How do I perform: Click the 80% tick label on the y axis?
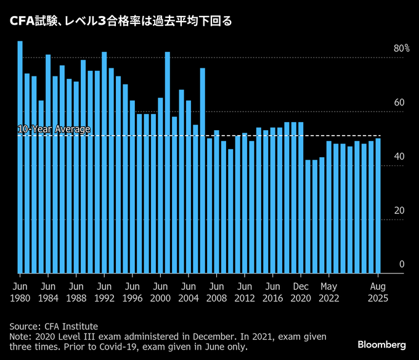pyautogui.click(x=402, y=49)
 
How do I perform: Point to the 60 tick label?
pyautogui.click(x=399, y=102)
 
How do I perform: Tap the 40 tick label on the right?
pyautogui.click(x=399, y=157)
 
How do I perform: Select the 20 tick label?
pyautogui.click(x=399, y=211)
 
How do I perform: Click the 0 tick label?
pyautogui.click(x=401, y=264)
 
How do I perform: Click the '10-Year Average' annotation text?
pyautogui.click(x=54, y=129)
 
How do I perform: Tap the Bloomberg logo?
pyautogui.click(x=381, y=343)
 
